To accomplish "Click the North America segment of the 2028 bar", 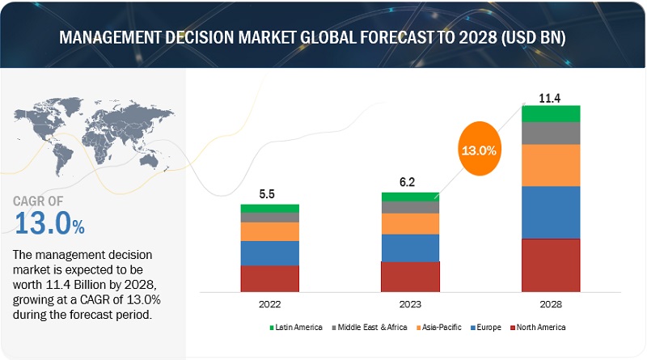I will click(551, 265).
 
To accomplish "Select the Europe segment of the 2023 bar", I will click(410, 248).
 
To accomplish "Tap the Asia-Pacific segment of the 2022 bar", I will click(269, 231).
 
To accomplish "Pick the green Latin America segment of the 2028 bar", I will click(551, 113).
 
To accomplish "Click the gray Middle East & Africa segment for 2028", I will click(551, 133).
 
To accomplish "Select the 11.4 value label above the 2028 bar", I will click(551, 97).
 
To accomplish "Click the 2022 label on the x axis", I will click(269, 304).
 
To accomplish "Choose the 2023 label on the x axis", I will click(410, 304).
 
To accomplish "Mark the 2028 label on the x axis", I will click(551, 304).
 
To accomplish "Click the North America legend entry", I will click(539, 327).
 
